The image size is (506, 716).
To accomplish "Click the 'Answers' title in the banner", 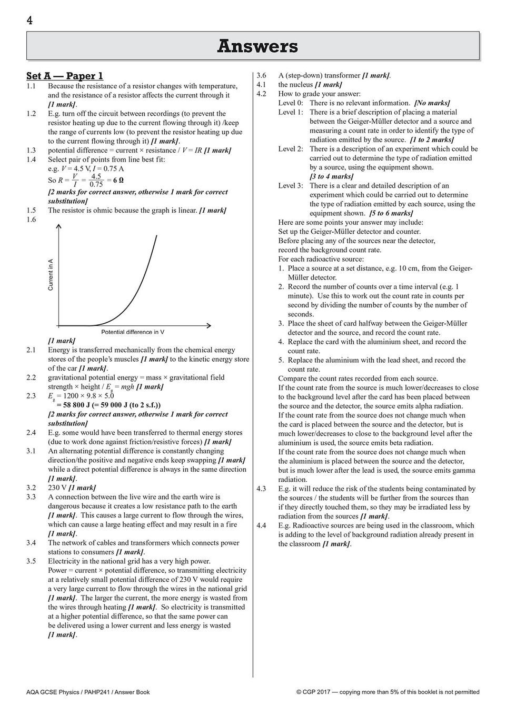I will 257,46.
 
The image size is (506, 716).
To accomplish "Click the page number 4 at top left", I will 29,20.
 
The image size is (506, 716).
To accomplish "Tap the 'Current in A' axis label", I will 51,274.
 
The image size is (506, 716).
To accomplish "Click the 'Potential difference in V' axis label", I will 133,332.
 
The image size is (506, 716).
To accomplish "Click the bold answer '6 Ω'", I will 119,180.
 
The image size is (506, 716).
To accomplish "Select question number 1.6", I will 31,220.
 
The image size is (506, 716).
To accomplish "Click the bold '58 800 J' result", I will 73,405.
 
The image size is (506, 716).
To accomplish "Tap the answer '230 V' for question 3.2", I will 57,488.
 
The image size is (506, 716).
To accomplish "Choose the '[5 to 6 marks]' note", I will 391,213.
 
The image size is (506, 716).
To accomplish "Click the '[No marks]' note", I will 432,103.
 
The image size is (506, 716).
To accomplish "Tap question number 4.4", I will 262,525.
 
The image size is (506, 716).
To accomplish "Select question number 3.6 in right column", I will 262,75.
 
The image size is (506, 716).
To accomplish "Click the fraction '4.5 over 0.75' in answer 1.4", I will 96,180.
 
